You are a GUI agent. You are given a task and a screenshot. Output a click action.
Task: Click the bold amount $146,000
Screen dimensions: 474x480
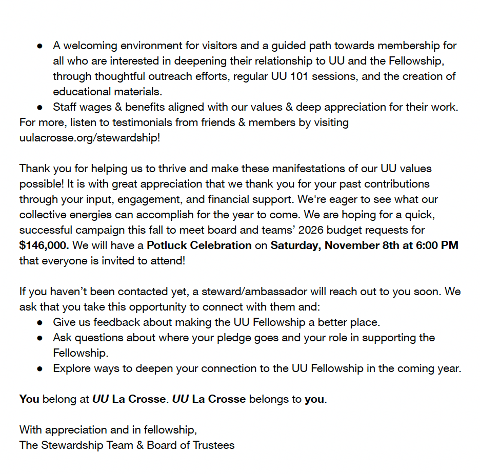click(44, 245)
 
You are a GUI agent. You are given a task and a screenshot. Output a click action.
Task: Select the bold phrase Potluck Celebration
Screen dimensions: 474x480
click(199, 245)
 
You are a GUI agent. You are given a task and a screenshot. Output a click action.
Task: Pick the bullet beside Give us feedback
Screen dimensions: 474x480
click(39, 323)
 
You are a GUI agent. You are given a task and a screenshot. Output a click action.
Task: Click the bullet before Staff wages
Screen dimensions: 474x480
click(39, 108)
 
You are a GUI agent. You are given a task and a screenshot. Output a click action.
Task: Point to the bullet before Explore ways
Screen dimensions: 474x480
click(39, 369)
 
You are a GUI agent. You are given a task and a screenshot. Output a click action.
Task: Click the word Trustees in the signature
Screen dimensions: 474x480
click(213, 445)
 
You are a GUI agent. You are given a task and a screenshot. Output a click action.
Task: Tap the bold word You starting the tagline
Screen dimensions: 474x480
click(29, 399)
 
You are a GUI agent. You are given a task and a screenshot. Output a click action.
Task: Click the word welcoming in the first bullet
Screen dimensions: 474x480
click(89, 46)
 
